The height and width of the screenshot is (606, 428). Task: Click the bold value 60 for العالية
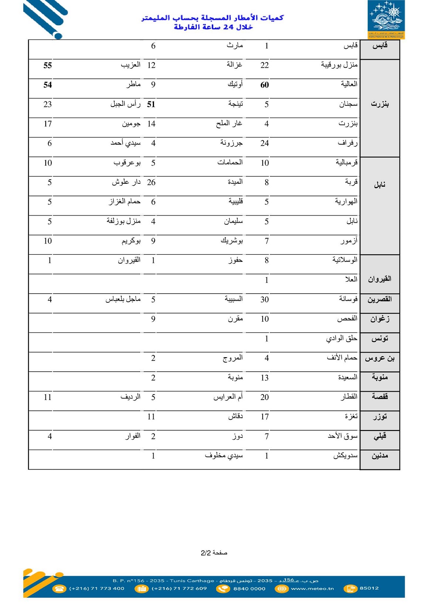click(x=264, y=85)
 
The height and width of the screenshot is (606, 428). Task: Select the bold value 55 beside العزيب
click(x=48, y=65)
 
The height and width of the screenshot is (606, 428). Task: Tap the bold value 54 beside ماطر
click(x=48, y=85)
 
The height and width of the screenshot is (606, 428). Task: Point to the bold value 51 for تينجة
click(x=151, y=105)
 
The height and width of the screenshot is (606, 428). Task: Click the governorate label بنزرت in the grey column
click(x=380, y=104)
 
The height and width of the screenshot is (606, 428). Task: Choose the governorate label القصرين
click(x=379, y=299)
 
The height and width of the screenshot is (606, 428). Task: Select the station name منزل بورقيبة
click(x=339, y=65)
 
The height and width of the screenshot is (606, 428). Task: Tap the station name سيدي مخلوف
click(x=224, y=456)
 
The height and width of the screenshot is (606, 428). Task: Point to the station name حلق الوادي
click(x=342, y=339)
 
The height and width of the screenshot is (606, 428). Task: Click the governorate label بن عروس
click(x=380, y=358)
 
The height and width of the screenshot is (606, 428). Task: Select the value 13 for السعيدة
click(x=264, y=378)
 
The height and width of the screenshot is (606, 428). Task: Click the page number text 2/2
click(x=206, y=553)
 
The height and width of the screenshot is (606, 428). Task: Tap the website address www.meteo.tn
click(x=312, y=589)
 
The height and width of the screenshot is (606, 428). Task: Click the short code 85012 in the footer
click(x=369, y=588)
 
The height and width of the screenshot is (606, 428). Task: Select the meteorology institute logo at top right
click(x=386, y=19)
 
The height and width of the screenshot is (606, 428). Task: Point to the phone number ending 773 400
click(x=97, y=589)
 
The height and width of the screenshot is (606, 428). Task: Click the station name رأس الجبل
click(x=126, y=104)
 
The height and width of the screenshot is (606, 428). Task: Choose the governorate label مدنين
click(x=380, y=456)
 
